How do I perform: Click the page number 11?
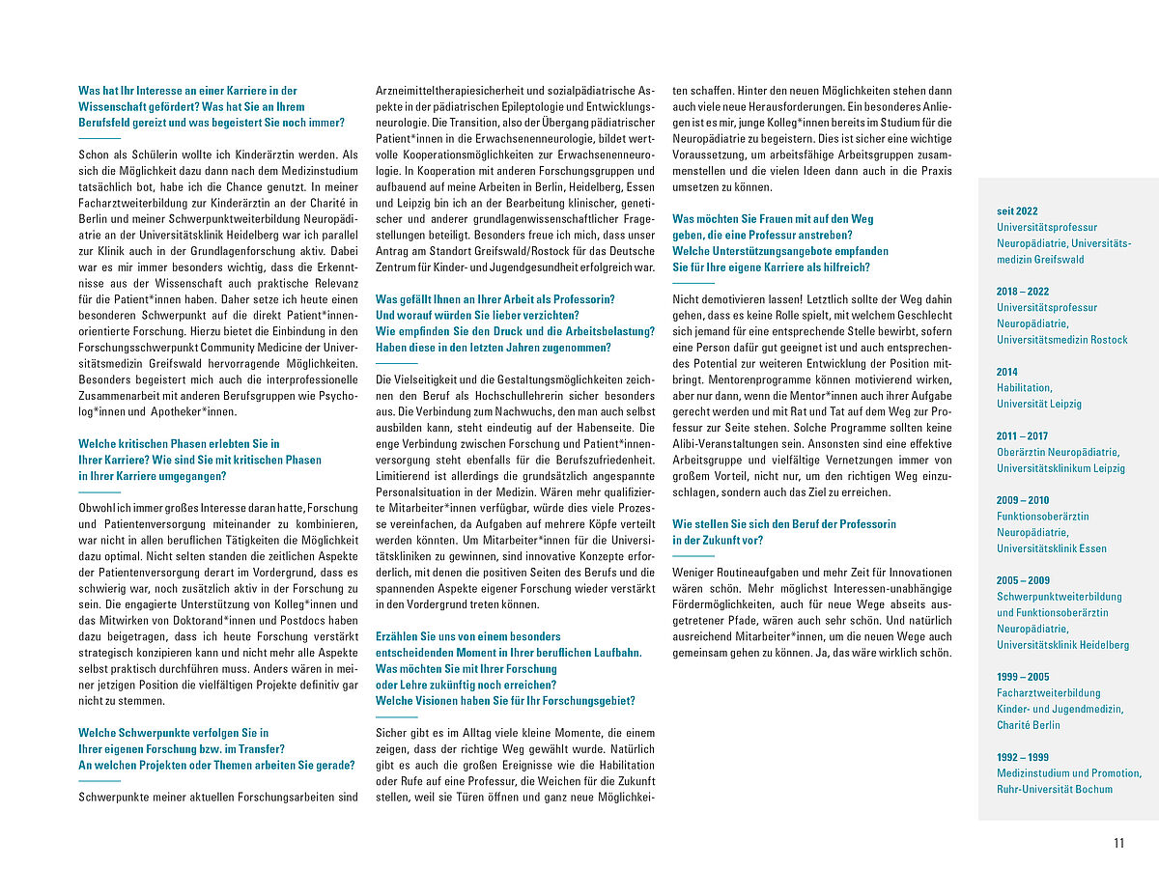coord(1118,843)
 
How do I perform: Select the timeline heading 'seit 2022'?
coord(1017,210)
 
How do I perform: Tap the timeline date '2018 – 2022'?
coord(1022,291)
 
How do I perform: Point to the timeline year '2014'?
coord(1006,372)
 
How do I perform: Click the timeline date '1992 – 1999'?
coord(1022,757)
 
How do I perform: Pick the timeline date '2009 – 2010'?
coord(1022,500)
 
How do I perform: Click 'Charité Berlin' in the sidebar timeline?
coord(1028,725)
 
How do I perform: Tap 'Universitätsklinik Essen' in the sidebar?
coord(1052,548)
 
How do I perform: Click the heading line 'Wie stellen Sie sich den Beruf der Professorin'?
coord(783,523)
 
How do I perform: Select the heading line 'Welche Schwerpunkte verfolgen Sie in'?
coord(174,733)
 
